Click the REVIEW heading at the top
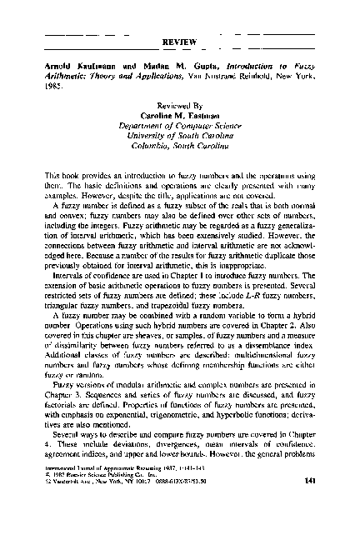(x=180, y=39)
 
